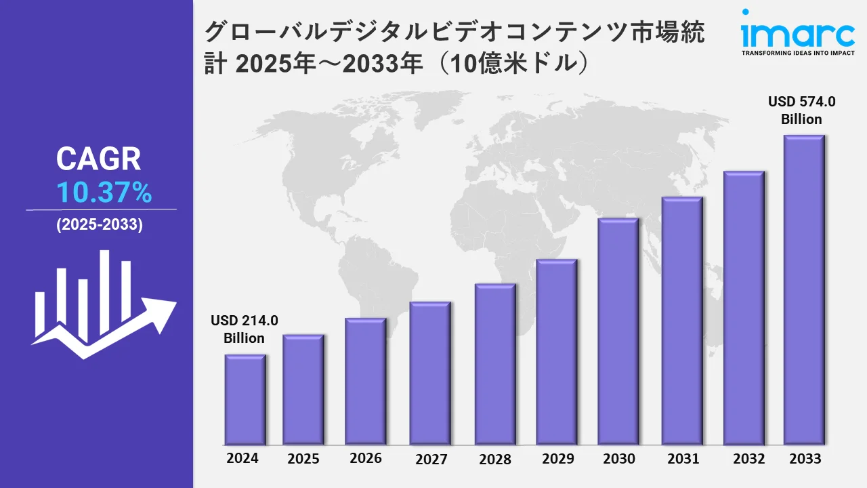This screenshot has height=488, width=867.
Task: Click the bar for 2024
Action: tap(245, 399)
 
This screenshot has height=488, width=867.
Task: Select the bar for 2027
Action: tap(430, 373)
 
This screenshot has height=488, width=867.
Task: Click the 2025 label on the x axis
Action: tap(303, 459)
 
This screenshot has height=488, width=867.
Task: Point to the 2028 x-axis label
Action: tap(495, 459)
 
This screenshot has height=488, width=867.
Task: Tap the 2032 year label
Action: tap(749, 459)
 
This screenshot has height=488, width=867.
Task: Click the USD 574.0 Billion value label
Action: tap(802, 110)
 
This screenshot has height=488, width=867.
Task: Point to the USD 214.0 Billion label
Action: tap(245, 329)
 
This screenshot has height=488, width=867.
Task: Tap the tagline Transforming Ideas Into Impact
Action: tap(797, 52)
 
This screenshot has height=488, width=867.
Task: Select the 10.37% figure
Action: tap(104, 194)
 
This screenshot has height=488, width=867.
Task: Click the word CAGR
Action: tap(99, 159)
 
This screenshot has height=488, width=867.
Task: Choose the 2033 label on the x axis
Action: tap(805, 459)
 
